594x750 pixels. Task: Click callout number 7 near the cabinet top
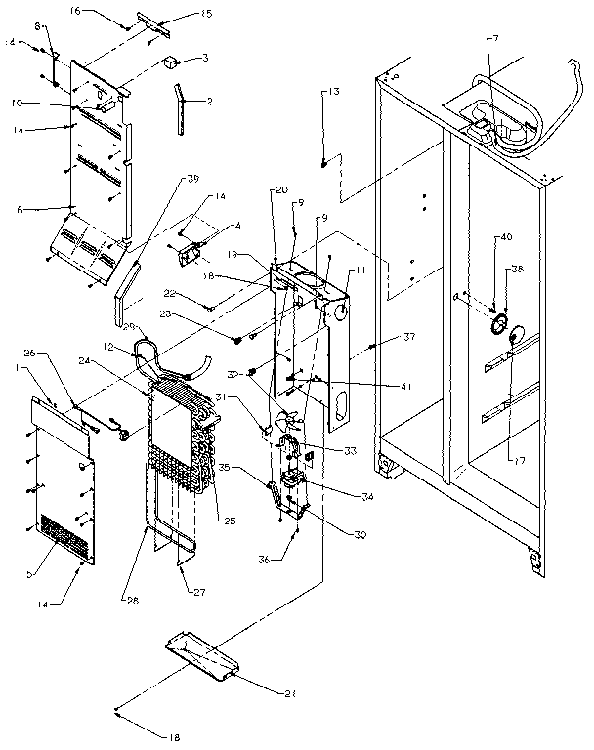pyautogui.click(x=495, y=38)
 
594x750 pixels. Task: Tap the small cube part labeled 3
pyautogui.click(x=172, y=63)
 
